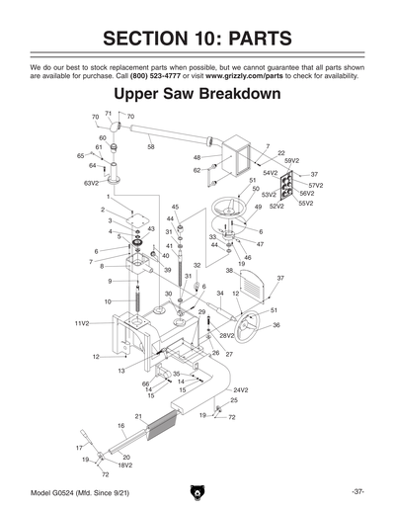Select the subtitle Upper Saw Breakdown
click(x=197, y=96)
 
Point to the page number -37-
click(x=357, y=491)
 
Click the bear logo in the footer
click(x=197, y=491)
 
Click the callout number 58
click(x=151, y=146)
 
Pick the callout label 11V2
click(x=81, y=323)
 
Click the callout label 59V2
click(x=291, y=159)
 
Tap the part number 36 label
click(x=276, y=325)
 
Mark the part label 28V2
click(x=227, y=336)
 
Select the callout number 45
click(x=175, y=207)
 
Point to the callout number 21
click(x=138, y=416)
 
